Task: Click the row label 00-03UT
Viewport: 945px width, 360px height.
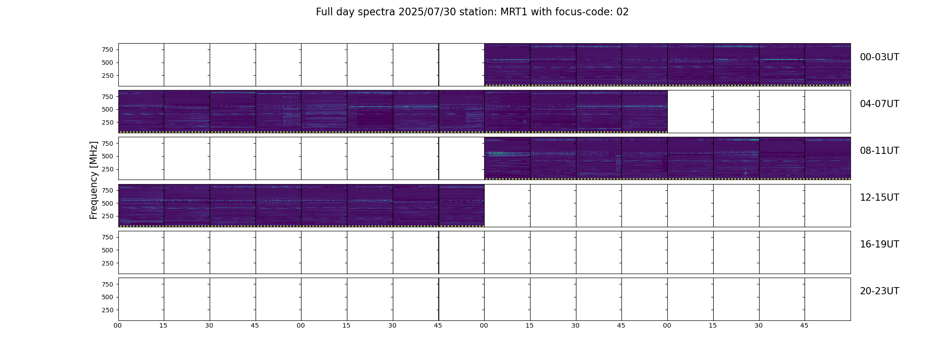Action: pos(879,57)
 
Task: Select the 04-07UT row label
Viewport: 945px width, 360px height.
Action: pos(879,104)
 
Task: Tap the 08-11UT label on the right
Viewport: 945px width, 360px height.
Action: pos(879,151)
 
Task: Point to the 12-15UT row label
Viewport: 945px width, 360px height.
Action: pos(879,198)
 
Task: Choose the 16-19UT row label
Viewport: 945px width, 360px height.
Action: pos(879,244)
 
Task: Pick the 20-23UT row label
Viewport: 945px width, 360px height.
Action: pos(879,291)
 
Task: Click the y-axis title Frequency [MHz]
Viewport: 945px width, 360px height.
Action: pos(94,180)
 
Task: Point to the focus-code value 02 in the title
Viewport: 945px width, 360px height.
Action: pos(622,12)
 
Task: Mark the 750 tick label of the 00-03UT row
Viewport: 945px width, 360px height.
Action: pos(108,49)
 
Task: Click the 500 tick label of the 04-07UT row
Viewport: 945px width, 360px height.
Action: pos(108,109)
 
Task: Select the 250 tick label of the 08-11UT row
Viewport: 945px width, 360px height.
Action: pos(108,169)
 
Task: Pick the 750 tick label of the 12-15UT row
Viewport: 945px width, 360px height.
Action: pos(108,190)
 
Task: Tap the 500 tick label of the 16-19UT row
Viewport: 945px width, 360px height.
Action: pos(108,250)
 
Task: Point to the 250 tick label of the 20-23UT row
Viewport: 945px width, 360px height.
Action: pos(108,310)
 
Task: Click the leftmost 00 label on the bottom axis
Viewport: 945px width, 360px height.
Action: pos(118,325)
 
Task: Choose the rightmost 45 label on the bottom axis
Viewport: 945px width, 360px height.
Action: pos(804,325)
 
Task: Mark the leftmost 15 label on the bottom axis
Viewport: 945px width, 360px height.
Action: pos(163,325)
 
